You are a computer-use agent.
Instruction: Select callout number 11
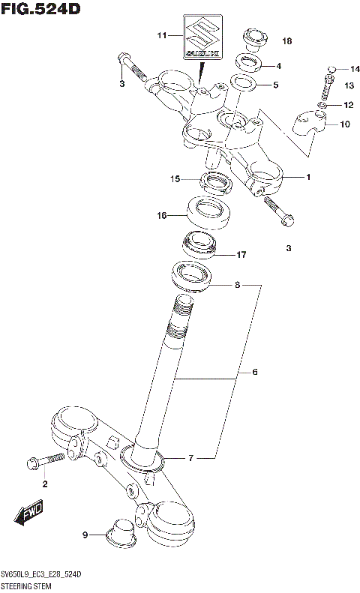click(x=160, y=35)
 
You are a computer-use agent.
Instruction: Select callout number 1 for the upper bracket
click(x=307, y=177)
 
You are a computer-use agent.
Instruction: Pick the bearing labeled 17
click(x=197, y=245)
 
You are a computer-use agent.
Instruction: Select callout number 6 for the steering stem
click(x=254, y=372)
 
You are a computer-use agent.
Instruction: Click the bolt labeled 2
click(x=37, y=463)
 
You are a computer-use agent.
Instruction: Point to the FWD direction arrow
click(x=29, y=517)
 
